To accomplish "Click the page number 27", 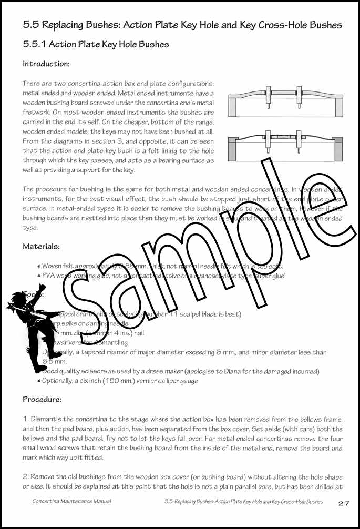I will pyautogui.click(x=344, y=503).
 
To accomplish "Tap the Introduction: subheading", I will pyautogui.click(x=46, y=64).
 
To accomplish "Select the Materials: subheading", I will pyautogui.click(x=41, y=246).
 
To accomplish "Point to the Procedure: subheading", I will pyautogui.click(x=43, y=399).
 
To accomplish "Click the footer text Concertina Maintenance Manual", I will pyautogui.click(x=71, y=502).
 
